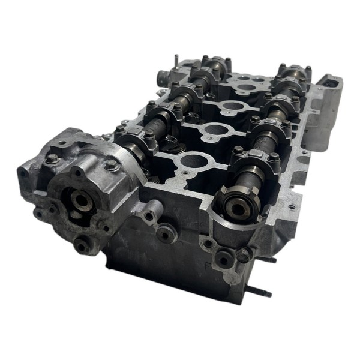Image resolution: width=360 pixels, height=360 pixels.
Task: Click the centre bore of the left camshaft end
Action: pyautogui.click(x=77, y=203)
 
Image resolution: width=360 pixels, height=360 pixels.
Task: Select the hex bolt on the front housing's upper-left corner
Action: pyautogui.click(x=52, y=158)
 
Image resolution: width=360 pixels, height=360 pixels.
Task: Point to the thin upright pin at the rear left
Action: pyautogui.click(x=175, y=60)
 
